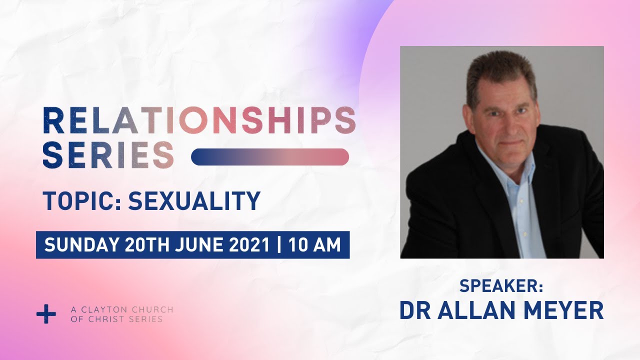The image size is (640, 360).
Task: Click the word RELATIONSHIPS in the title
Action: [x=199, y=120]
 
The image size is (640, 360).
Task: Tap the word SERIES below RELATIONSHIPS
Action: [x=108, y=155]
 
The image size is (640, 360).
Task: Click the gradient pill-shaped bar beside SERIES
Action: [x=270, y=157]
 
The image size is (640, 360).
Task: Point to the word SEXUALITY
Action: [x=194, y=200]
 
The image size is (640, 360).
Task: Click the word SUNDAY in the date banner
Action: [x=81, y=245]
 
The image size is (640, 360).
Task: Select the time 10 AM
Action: [x=314, y=245]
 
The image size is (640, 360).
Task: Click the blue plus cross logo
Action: [x=46, y=314]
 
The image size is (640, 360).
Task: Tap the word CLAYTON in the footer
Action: [x=101, y=309]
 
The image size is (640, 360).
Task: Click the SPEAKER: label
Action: [x=501, y=286]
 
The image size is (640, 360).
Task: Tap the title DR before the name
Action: [x=415, y=310]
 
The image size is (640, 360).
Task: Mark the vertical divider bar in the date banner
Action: [x=279, y=245]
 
